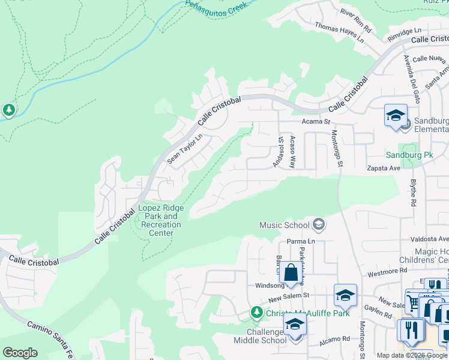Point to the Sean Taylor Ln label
(185, 149)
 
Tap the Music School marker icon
(319, 225)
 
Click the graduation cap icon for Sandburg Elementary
(396, 115)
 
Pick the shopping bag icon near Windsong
(291, 272)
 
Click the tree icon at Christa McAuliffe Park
(256, 313)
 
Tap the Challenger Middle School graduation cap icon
(295, 325)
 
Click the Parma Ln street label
(301, 241)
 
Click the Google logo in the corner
(20, 352)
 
